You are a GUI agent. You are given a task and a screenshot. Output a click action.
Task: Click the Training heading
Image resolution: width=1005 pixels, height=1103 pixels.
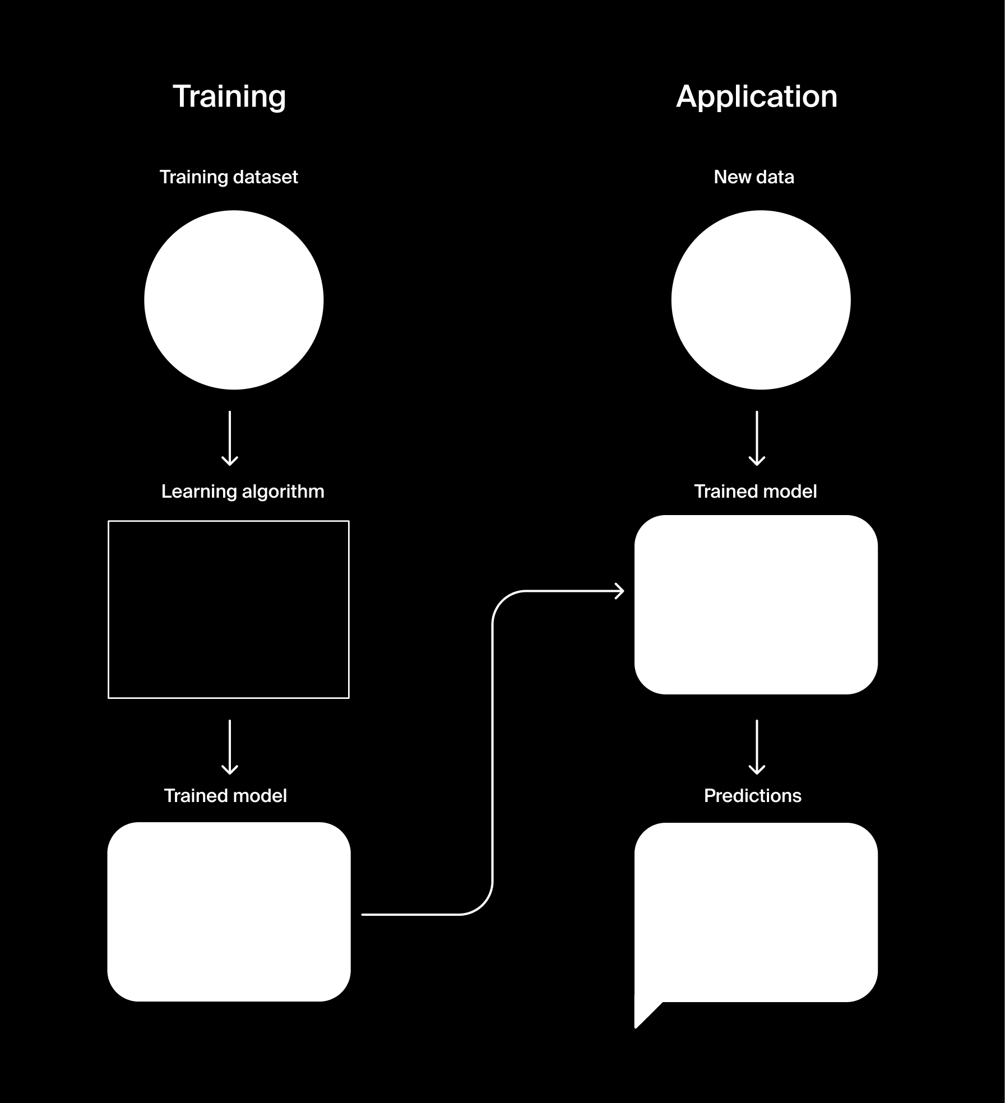(229, 96)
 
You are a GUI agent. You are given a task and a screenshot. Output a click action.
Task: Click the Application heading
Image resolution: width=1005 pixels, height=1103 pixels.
(756, 96)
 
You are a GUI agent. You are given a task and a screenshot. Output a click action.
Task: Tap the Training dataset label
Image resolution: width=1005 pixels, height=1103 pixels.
(229, 177)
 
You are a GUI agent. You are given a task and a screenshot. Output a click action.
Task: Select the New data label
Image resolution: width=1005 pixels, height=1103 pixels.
(754, 177)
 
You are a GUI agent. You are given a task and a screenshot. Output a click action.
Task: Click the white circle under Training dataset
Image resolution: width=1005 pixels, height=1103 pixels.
(234, 300)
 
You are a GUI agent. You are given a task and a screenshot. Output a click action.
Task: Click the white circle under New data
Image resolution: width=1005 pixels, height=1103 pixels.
(761, 300)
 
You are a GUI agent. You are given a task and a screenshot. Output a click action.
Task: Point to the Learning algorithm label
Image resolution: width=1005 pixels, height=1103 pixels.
(243, 492)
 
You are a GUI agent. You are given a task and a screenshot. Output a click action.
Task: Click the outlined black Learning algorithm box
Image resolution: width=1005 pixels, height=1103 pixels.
(229, 609)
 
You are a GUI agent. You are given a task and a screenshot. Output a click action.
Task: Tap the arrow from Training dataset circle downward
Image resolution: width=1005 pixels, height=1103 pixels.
(230, 438)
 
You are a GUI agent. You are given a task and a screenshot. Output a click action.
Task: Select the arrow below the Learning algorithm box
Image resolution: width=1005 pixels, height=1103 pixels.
(230, 747)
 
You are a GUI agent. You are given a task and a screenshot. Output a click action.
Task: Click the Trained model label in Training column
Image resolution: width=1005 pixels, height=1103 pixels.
(225, 796)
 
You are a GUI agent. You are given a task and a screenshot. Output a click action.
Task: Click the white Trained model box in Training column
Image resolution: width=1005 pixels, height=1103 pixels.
(229, 912)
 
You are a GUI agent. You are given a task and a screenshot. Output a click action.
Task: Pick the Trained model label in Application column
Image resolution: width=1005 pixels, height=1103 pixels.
(755, 492)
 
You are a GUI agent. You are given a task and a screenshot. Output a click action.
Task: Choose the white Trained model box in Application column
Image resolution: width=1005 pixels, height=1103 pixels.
(756, 605)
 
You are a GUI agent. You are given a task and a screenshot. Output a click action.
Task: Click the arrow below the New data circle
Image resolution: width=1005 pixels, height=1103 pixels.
(757, 438)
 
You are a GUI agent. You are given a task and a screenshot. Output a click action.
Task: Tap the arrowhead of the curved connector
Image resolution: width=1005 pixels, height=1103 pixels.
(620, 591)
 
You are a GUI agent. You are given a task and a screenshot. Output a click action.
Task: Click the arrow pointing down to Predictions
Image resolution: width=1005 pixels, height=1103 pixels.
(757, 747)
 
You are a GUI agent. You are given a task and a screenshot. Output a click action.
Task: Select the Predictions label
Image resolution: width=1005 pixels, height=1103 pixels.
(752, 796)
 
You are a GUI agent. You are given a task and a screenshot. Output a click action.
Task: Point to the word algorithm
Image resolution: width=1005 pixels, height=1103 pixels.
(283, 492)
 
